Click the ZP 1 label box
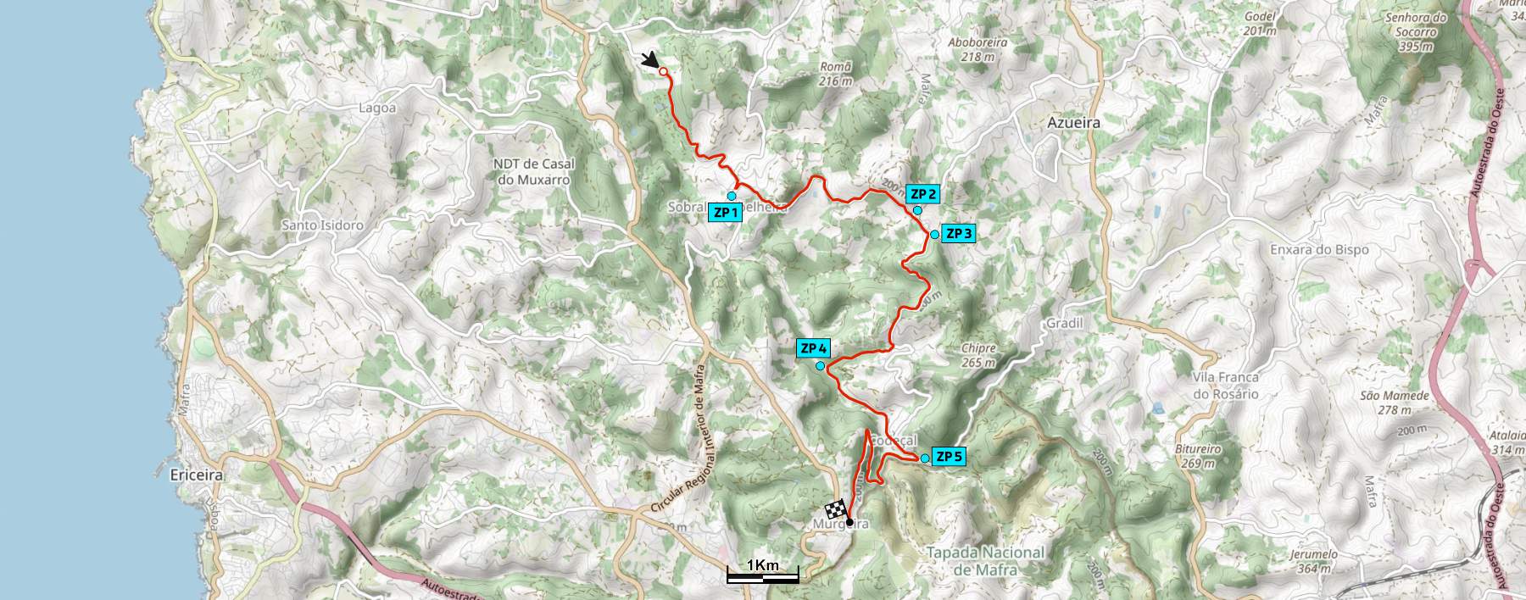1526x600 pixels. pos(725,213)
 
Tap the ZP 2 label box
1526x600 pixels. pos(922,194)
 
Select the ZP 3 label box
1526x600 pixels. pos(958,234)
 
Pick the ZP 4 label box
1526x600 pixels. pos(813,348)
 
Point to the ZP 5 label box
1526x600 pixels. pos(949,458)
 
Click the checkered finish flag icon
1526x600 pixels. pos(836,510)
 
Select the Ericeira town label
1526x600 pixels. pos(197,475)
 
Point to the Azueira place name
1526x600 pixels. pos(1073,123)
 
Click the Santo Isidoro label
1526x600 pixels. pos(322,225)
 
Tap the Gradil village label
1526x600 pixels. pos(1065,324)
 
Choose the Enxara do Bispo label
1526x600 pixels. pos(1319,250)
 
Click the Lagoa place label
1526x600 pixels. pos(377,108)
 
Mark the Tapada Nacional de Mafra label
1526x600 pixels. pos(985,560)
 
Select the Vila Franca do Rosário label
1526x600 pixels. pos(1226,386)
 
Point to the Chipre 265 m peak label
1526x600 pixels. pos(978,355)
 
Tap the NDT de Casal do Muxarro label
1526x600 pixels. pos(534,172)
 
